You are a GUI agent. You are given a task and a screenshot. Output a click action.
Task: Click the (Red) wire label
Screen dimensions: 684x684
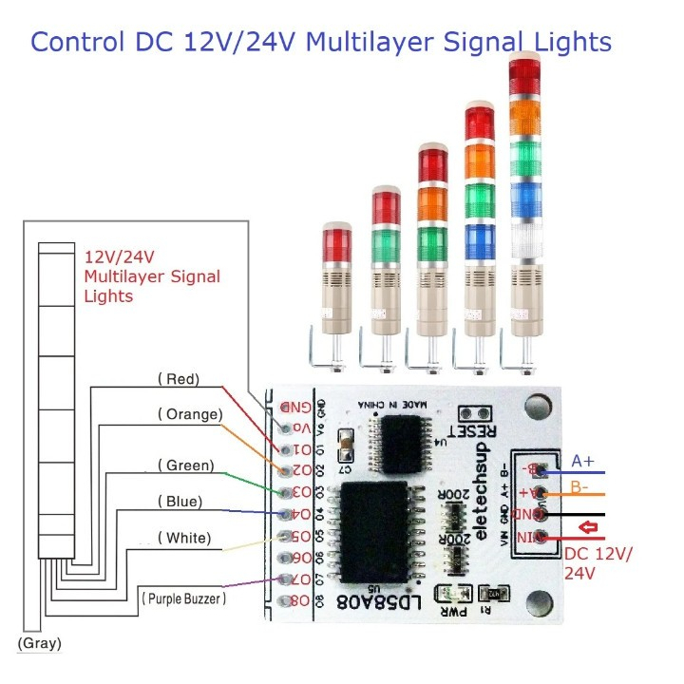178,379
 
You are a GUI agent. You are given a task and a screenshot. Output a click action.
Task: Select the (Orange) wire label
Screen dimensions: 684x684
190,414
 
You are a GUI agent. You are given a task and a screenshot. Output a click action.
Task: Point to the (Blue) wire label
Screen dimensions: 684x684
180,501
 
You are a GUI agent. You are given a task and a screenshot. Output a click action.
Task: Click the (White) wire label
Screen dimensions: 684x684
186,538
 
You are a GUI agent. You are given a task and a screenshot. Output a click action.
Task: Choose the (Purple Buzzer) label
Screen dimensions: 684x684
183,599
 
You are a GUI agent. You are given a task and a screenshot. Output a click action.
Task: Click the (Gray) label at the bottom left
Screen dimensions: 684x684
39,643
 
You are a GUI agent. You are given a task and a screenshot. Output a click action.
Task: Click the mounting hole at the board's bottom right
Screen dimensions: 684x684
540,602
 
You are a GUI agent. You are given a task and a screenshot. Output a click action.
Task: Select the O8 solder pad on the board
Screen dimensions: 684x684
287,600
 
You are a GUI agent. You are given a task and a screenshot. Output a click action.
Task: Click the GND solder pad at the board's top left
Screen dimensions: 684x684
287,406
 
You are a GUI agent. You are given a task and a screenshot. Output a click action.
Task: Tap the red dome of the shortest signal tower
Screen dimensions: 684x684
336,242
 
